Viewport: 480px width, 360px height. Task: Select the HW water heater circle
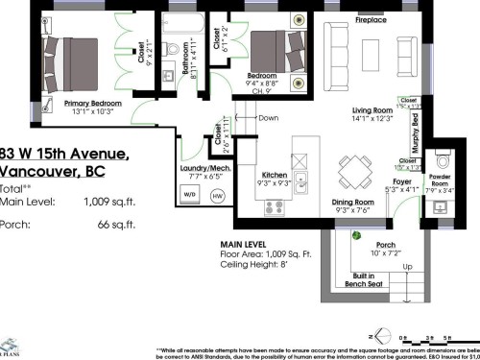click(x=217, y=196)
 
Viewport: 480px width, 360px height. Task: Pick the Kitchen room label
click(x=276, y=175)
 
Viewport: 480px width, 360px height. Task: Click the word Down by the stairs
click(x=269, y=118)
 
